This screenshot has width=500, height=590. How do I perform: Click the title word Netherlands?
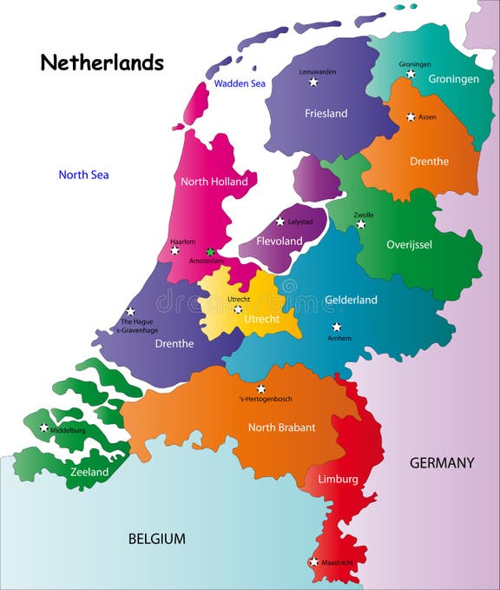click(102, 63)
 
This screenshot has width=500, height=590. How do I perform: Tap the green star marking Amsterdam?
click(210, 252)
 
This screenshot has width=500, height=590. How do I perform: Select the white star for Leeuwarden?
click(313, 83)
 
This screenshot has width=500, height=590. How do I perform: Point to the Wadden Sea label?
click(239, 84)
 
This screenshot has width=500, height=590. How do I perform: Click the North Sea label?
click(83, 175)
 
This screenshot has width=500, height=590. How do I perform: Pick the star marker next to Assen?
click(411, 116)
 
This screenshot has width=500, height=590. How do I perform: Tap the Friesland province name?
click(326, 113)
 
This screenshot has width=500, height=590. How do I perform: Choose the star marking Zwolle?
click(361, 224)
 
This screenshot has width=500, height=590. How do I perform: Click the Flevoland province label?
click(279, 241)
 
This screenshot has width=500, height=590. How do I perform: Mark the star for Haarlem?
click(174, 250)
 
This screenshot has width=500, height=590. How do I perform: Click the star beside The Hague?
click(130, 311)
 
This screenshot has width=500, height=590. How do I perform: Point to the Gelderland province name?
click(351, 300)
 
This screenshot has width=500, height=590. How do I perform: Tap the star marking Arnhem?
click(336, 328)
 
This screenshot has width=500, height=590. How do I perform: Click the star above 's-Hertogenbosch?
click(260, 388)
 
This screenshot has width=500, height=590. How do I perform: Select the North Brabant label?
click(281, 427)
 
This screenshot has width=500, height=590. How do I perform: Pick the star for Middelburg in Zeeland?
click(43, 428)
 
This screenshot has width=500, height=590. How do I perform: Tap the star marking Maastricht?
click(313, 562)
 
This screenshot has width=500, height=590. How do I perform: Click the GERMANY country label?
click(442, 463)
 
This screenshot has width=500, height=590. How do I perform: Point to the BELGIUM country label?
click(156, 539)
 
